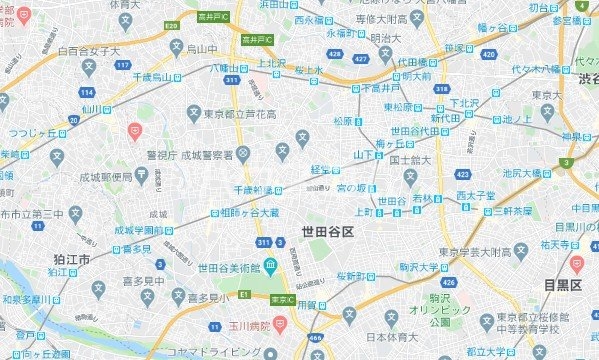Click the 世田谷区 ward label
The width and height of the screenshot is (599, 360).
pyautogui.click(x=328, y=231)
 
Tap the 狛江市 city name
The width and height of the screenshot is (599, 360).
pyautogui.click(x=71, y=259)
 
